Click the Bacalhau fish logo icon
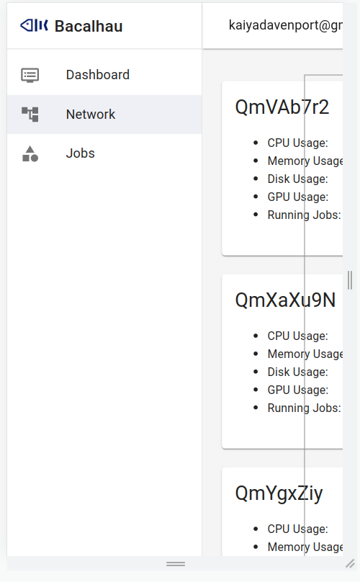tap(35, 26)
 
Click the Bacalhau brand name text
tap(89, 27)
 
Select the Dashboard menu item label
tap(97, 75)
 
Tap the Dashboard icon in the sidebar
tap(30, 75)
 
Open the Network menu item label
tap(90, 115)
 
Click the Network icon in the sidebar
tap(30, 114)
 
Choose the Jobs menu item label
tap(80, 153)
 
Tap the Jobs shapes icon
tap(30, 153)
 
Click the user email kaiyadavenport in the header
tap(284, 26)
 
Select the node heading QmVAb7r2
tap(282, 107)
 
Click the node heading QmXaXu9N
tap(285, 300)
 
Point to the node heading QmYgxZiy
tap(279, 493)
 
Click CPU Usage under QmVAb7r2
tap(297, 143)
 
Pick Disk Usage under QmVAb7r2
tap(297, 179)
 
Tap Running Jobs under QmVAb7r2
tap(303, 215)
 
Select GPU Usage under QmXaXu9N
tap(297, 390)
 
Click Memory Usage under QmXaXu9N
tap(305, 354)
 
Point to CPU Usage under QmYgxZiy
tap(297, 529)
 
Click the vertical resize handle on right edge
tap(350, 279)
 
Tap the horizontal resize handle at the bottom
tap(176, 563)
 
